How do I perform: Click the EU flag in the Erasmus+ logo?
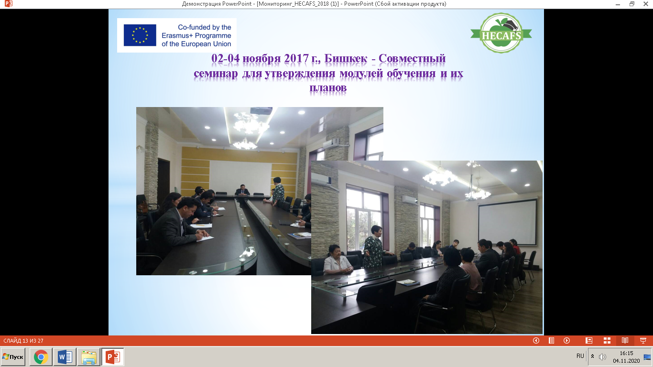(x=140, y=35)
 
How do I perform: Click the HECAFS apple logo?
(x=501, y=33)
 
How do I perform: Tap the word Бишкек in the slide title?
(x=346, y=58)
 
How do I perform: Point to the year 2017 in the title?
(x=296, y=58)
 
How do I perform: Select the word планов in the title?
(x=328, y=87)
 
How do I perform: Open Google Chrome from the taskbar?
(x=41, y=357)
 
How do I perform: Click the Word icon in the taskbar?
(x=65, y=357)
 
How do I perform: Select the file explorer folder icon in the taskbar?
(x=88, y=357)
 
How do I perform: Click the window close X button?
(x=646, y=4)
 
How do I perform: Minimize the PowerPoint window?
(x=618, y=4)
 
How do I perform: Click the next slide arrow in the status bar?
(x=566, y=340)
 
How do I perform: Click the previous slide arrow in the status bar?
(x=536, y=340)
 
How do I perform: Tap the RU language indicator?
(x=580, y=356)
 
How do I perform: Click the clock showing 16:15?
(x=627, y=353)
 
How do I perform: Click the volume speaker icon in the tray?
(x=602, y=357)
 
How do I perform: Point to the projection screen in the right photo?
(x=507, y=222)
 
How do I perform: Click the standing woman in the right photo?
(x=374, y=247)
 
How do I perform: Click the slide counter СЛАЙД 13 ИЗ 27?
(x=23, y=340)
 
